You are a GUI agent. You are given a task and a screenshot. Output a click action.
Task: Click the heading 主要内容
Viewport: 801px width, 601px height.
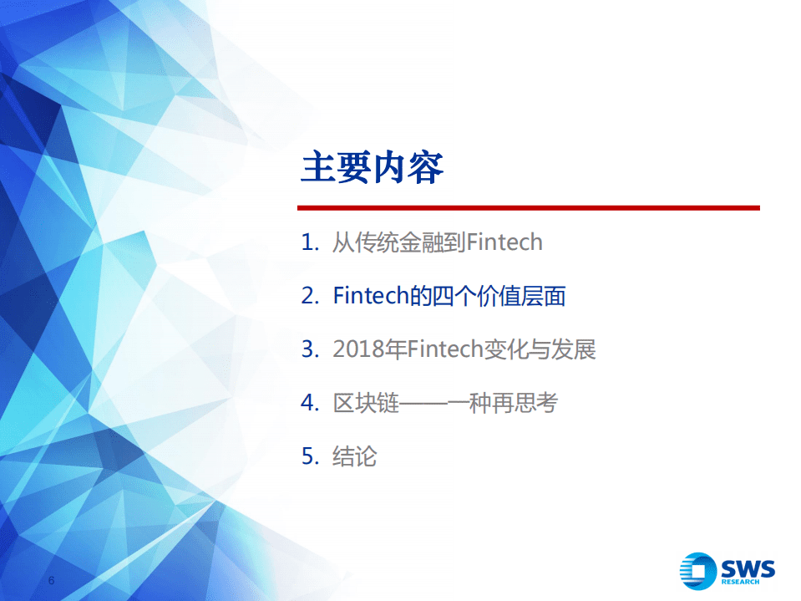click(372, 168)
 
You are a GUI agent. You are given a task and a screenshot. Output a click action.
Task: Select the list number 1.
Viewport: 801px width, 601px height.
click(308, 243)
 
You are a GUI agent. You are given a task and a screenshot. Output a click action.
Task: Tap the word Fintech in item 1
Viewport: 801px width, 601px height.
click(504, 243)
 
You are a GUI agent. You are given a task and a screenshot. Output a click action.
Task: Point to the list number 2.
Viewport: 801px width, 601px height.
click(308, 296)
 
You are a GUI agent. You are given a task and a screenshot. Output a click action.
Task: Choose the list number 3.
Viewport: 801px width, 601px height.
click(308, 349)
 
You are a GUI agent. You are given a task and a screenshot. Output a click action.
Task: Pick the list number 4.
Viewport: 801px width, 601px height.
click(308, 403)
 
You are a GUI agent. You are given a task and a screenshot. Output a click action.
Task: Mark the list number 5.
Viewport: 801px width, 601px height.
click(308, 456)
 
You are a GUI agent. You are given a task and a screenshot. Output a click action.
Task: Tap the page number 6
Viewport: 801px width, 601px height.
click(51, 580)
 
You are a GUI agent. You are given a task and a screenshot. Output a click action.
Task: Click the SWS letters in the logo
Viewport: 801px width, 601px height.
click(749, 568)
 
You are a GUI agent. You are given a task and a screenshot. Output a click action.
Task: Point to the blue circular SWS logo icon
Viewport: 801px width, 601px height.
click(699, 572)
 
